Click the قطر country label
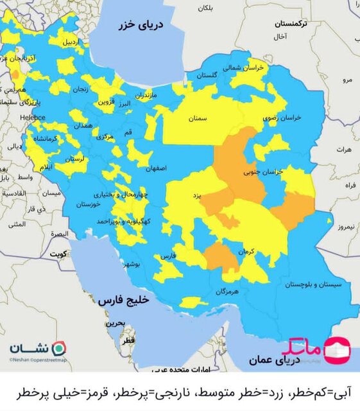[128, 338]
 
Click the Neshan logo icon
[58, 347]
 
